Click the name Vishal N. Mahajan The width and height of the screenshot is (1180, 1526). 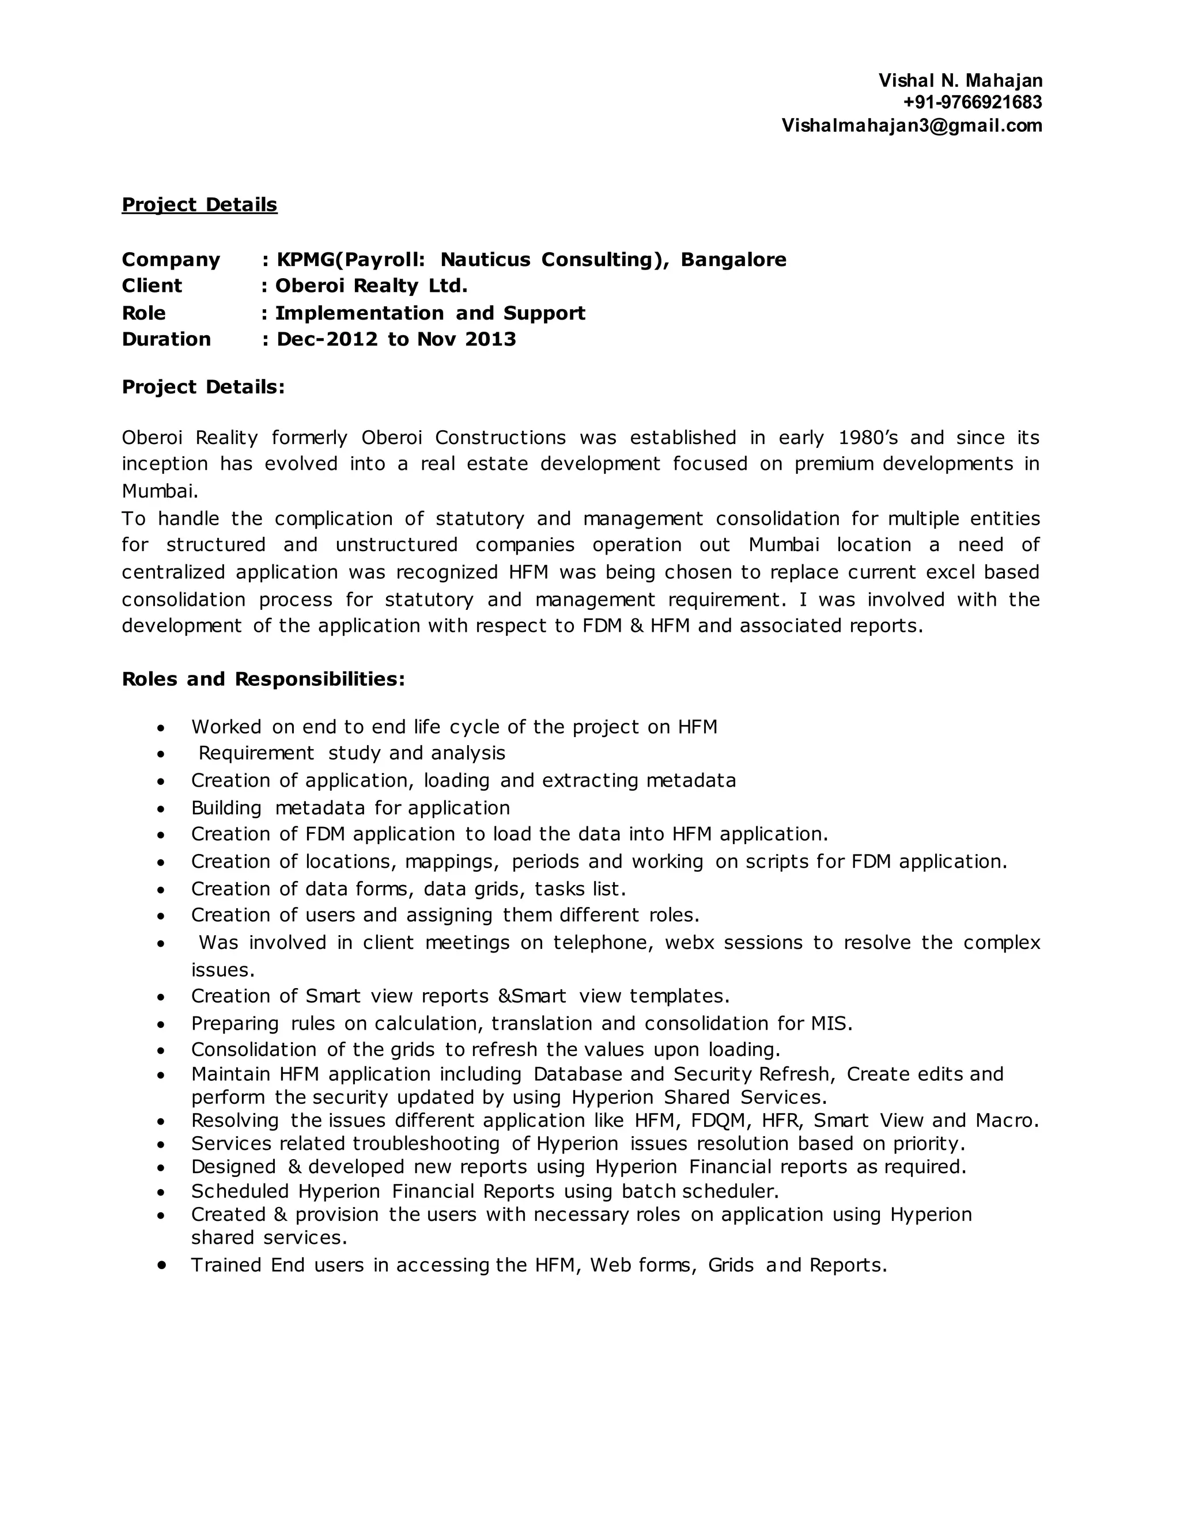[x=960, y=81]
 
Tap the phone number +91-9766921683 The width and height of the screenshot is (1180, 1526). [x=971, y=103]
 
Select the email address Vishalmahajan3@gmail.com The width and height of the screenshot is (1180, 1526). [x=912, y=126]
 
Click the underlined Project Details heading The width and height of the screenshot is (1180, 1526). [x=199, y=205]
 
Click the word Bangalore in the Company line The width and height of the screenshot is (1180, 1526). [x=733, y=260]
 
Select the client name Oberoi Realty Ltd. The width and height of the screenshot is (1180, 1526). [x=371, y=286]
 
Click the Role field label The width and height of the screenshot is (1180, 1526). [x=144, y=313]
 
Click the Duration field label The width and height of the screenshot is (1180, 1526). [x=167, y=340]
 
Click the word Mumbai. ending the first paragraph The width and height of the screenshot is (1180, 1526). [x=160, y=491]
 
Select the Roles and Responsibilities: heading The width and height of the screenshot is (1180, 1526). [x=263, y=679]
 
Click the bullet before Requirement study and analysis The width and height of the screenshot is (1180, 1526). [x=161, y=754]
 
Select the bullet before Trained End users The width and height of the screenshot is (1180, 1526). [x=162, y=1265]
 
